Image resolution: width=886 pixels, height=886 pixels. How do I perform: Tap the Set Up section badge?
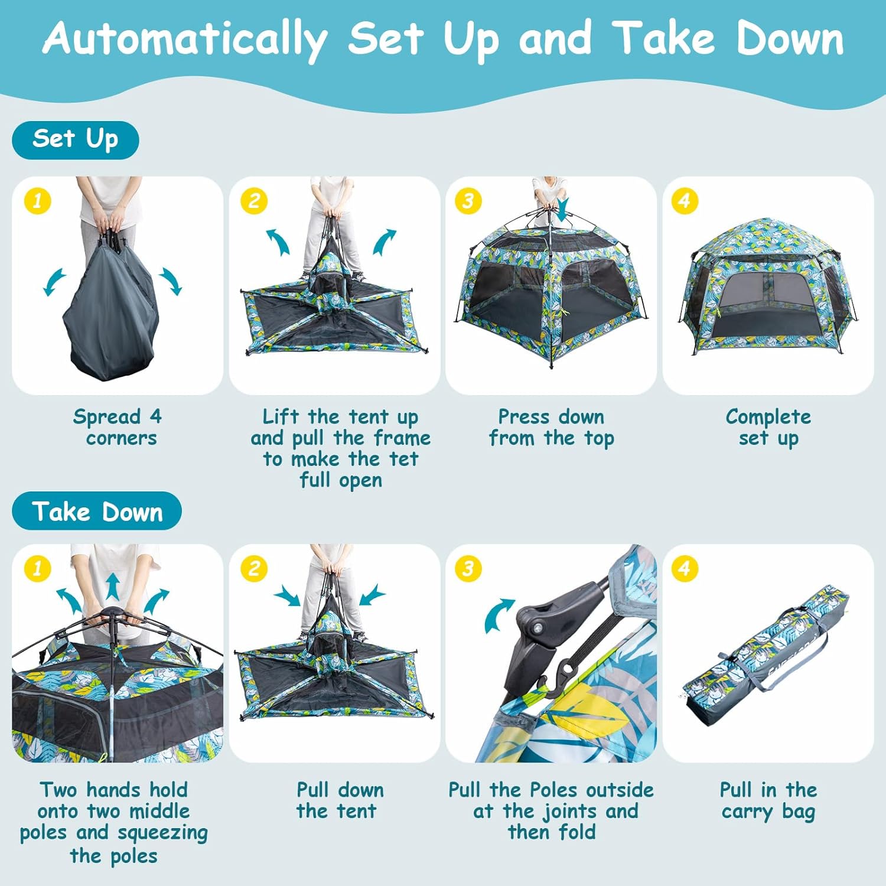(x=76, y=140)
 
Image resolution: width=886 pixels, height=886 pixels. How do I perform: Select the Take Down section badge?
(x=97, y=511)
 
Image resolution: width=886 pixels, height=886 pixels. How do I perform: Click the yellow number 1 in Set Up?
(x=38, y=201)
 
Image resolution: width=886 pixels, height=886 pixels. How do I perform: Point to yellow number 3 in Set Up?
(x=468, y=201)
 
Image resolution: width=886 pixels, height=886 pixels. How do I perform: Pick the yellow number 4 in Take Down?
(x=685, y=569)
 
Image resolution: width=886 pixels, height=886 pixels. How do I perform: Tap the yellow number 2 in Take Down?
(x=254, y=569)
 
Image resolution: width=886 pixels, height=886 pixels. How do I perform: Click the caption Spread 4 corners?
(x=118, y=427)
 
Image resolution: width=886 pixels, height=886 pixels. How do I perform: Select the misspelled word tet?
(x=404, y=459)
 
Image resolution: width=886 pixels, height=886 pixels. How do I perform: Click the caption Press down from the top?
(x=552, y=427)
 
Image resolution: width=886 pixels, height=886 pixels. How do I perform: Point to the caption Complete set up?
(x=768, y=427)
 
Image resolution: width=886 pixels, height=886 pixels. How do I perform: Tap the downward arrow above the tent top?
(x=562, y=208)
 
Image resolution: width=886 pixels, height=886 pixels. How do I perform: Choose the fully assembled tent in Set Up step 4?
(x=768, y=287)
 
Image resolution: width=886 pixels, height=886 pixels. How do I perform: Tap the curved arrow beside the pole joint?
(x=497, y=614)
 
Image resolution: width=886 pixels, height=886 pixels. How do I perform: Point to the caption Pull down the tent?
(x=340, y=800)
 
